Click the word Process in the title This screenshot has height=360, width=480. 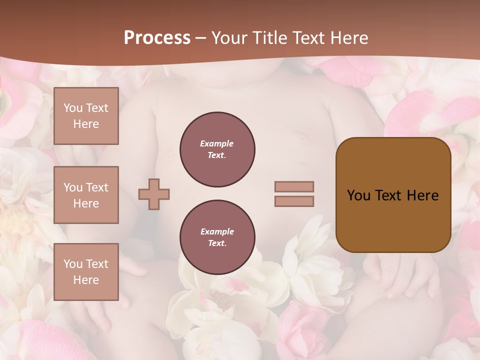(157, 38)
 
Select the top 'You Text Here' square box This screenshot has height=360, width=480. (86, 116)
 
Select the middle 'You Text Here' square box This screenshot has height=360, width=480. (86, 195)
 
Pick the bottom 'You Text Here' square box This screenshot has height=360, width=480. (86, 272)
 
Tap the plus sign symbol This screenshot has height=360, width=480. (154, 194)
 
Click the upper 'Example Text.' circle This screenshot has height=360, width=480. (217, 149)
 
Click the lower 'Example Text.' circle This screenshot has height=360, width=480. (217, 237)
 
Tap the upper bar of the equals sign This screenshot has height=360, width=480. (294, 187)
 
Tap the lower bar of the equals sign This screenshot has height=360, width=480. (294, 201)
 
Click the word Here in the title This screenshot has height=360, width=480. (349, 38)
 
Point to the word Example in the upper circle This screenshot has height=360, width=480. (216, 143)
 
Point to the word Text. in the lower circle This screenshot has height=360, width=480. (216, 243)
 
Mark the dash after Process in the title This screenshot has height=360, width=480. (201, 38)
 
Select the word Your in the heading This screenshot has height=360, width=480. (229, 38)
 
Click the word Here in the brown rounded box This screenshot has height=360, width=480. (422, 195)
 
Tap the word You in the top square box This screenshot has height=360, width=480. (72, 108)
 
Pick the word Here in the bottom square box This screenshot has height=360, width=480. (86, 280)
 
